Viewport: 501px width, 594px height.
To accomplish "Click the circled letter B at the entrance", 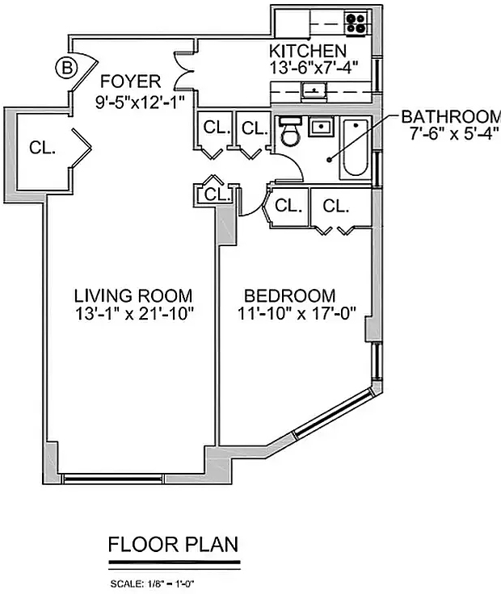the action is pos(66,69).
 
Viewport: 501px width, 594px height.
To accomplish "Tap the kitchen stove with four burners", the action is pos(356,23).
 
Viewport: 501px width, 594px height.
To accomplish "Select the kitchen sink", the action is pos(314,91).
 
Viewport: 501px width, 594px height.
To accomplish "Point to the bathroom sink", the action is pos(322,127).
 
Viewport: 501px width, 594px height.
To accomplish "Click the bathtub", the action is pos(356,148).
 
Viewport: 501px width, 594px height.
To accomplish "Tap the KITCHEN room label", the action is pos(308,51).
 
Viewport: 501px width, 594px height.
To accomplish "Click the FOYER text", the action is pos(130,82).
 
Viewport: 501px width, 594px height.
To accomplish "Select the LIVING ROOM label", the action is pos(133,295).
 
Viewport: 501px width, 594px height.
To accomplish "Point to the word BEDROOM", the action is pos(290,295).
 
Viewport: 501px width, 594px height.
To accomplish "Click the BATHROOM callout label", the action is pos(451,117).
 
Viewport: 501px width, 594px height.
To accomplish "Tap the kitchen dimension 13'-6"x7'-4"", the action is pos(314,68).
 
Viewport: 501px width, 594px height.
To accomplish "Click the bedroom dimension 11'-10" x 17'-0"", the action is pos(297,314).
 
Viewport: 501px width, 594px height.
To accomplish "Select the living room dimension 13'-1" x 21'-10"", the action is pos(134,314).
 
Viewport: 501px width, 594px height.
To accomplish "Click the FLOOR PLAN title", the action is pos(173,545).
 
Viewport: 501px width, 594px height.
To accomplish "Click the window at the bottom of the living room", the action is pos(112,479).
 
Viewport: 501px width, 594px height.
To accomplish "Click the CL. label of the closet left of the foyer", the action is pos(43,147).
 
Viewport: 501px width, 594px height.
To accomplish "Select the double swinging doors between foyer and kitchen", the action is pos(184,70).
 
